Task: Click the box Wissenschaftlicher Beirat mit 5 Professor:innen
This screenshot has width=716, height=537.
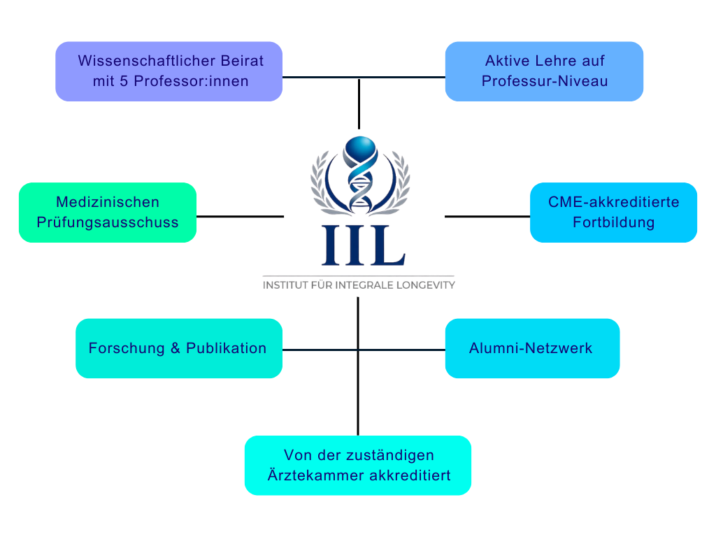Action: pos(169,71)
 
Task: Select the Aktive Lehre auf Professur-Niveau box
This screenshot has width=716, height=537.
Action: pos(544,71)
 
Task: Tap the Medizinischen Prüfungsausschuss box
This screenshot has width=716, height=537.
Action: pos(107,213)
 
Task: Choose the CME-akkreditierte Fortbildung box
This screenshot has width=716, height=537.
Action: pos(613,213)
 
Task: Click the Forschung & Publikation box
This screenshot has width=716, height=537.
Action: pos(179,348)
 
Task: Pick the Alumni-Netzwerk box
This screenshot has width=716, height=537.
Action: pos(531,348)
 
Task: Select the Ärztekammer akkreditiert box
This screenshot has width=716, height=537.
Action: pos(358,465)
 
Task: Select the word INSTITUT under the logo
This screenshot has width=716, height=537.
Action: pos(284,285)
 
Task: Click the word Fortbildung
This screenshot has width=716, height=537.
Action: pos(613,223)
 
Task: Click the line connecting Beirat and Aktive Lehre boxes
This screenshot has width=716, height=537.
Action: pos(364,77)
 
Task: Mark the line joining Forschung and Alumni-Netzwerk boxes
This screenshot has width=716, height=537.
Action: pos(364,350)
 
